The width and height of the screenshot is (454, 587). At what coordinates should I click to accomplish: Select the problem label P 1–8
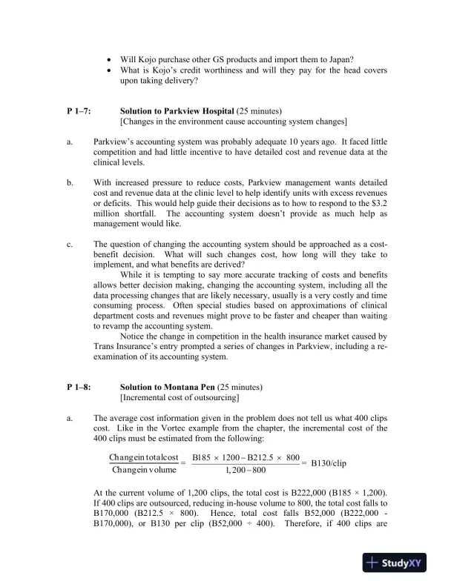coord(78,386)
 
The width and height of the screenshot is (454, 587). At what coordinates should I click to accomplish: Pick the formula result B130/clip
coord(329,463)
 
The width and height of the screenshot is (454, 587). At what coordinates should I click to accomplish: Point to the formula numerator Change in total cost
coord(144,457)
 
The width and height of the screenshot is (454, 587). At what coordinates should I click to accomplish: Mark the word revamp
coord(129,325)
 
